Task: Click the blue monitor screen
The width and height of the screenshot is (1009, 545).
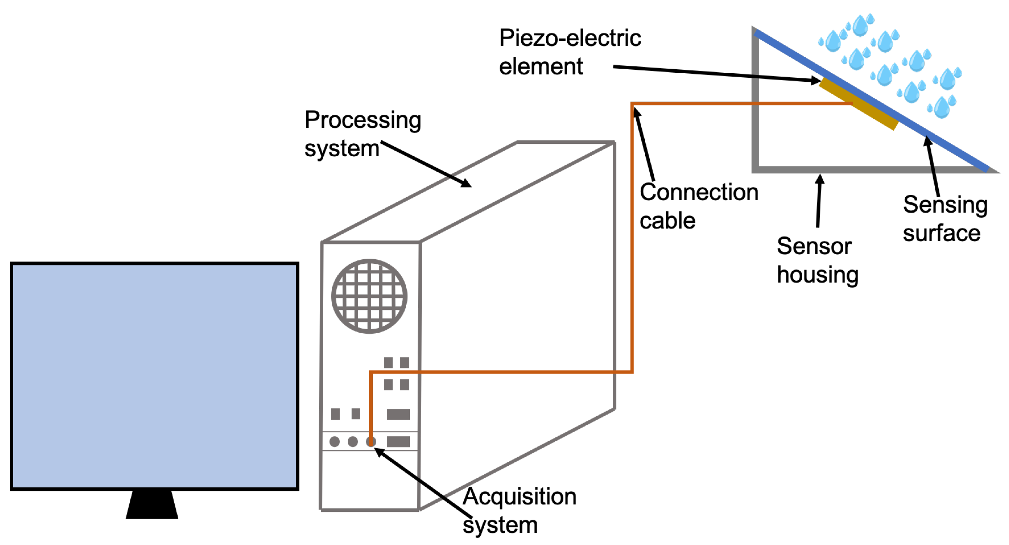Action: coord(154,376)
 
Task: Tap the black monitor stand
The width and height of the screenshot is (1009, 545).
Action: coord(152,505)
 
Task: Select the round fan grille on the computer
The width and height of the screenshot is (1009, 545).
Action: coord(369,296)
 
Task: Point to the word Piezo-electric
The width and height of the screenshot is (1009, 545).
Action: coord(570,38)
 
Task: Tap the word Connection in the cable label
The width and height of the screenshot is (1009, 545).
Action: coord(699,192)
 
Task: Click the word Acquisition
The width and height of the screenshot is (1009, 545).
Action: coord(519,496)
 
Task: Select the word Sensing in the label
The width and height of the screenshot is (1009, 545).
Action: coord(945,205)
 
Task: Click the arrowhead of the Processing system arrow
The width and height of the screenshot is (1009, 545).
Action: coord(466,183)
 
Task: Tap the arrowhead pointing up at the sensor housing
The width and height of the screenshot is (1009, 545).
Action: coord(820,179)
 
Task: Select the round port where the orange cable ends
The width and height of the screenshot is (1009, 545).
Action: coord(371,442)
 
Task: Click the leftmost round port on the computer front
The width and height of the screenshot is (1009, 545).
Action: coord(335,442)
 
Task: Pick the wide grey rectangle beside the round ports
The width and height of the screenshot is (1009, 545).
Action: coord(398,442)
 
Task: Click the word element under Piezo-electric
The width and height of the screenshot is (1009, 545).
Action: coord(541,66)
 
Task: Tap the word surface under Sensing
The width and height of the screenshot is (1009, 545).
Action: coord(941,233)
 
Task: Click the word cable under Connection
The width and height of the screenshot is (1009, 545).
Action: coord(668,221)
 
